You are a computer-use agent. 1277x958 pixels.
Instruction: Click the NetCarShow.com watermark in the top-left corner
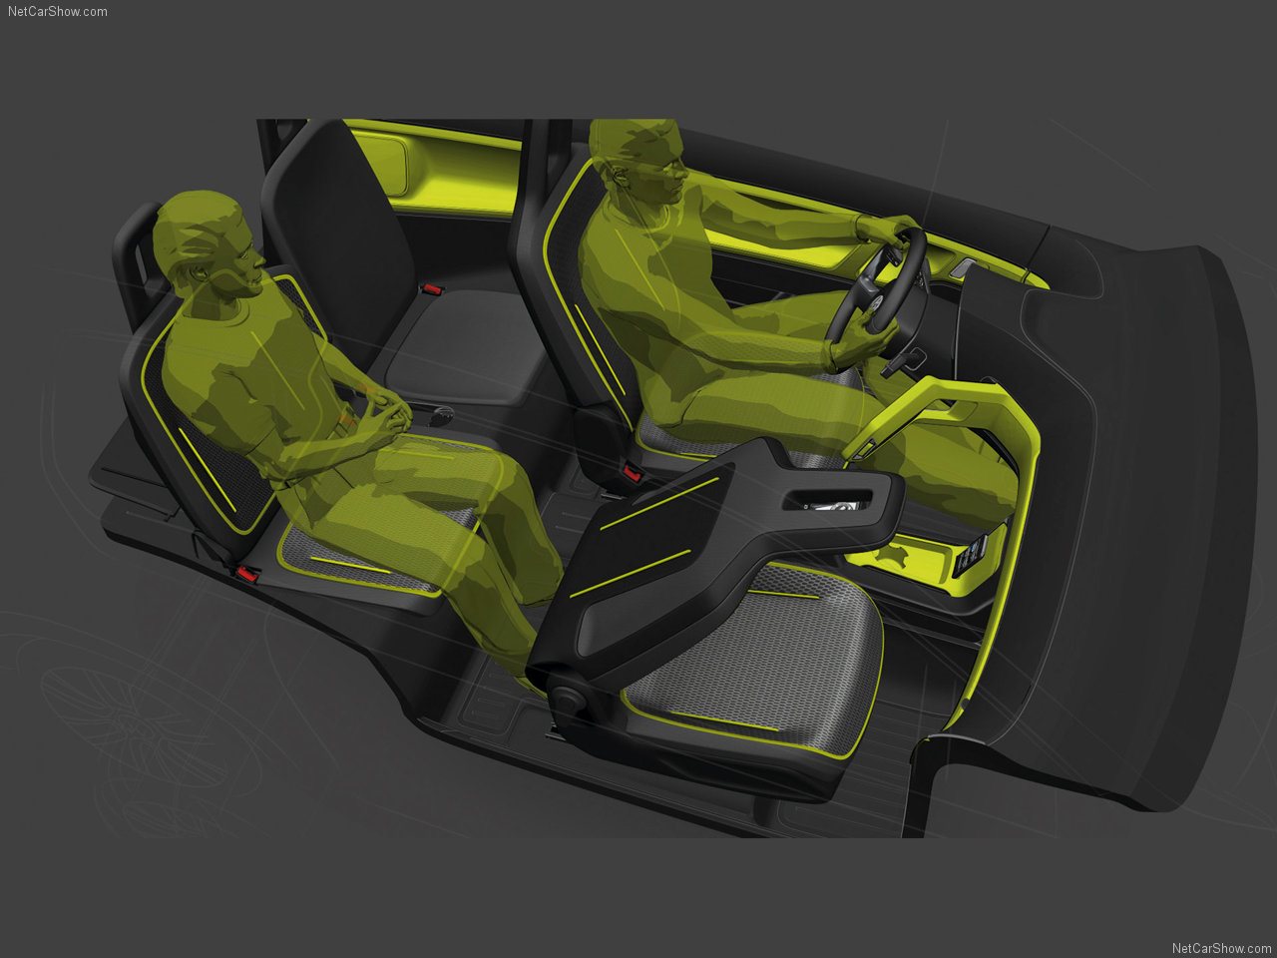(58, 12)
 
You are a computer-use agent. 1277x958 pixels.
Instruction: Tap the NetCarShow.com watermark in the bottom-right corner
(1221, 948)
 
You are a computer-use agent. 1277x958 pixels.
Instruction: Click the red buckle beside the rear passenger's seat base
(247, 574)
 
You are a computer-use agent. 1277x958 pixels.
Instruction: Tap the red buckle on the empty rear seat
(431, 288)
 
